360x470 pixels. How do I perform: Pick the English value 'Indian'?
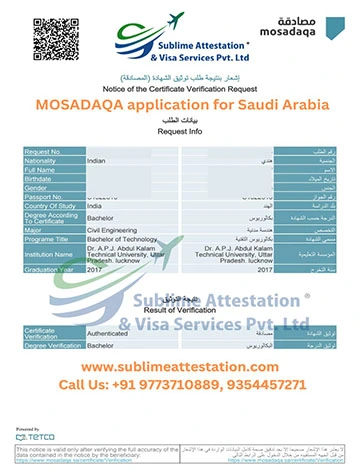[x=97, y=159]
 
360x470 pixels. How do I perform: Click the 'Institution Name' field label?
[x=50, y=254]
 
